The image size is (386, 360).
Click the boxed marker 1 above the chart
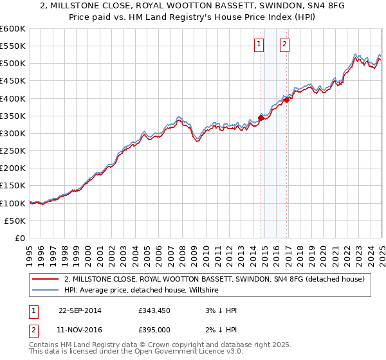258,44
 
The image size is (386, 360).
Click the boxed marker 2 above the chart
284,44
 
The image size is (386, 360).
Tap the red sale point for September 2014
261,117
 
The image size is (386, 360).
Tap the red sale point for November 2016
287,99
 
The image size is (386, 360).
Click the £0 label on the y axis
19,238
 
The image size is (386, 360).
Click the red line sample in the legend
46,279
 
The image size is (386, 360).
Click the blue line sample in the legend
46,290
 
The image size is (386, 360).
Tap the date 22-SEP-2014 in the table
80,310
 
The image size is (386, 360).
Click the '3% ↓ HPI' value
219,310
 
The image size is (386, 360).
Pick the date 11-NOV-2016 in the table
80,330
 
